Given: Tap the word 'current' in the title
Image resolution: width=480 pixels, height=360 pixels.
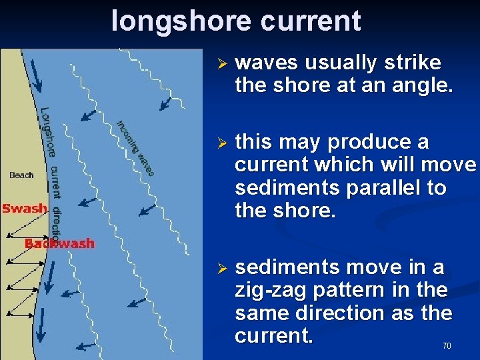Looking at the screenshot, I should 311,21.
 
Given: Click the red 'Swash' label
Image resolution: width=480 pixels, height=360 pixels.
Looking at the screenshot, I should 24,209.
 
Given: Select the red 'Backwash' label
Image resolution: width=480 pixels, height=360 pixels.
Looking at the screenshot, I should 60,243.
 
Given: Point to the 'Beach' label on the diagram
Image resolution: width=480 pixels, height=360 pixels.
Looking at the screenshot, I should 21,175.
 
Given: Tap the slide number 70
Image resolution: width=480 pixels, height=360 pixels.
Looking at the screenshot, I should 447,346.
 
